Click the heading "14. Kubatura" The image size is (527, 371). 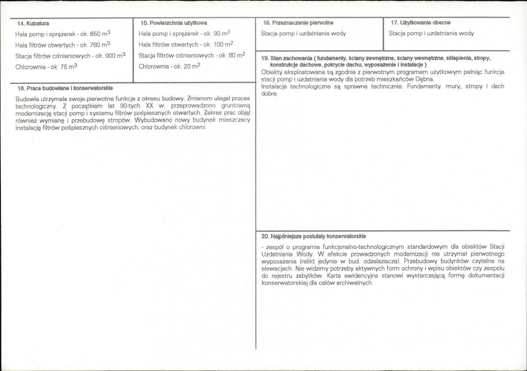click(33, 23)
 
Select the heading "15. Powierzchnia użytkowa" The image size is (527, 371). click(174, 23)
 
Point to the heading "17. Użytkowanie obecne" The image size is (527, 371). click(421, 22)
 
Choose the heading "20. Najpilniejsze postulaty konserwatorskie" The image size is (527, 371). click(313, 236)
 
